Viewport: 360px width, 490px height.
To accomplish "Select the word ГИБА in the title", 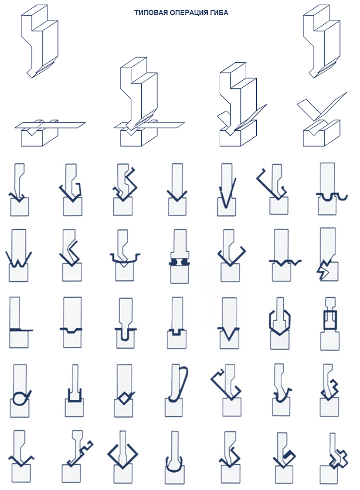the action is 219,13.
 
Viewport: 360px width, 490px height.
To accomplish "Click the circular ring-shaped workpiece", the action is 20,398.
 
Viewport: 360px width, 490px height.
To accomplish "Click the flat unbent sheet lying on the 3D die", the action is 50,125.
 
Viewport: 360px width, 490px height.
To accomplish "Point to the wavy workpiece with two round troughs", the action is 332,197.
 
